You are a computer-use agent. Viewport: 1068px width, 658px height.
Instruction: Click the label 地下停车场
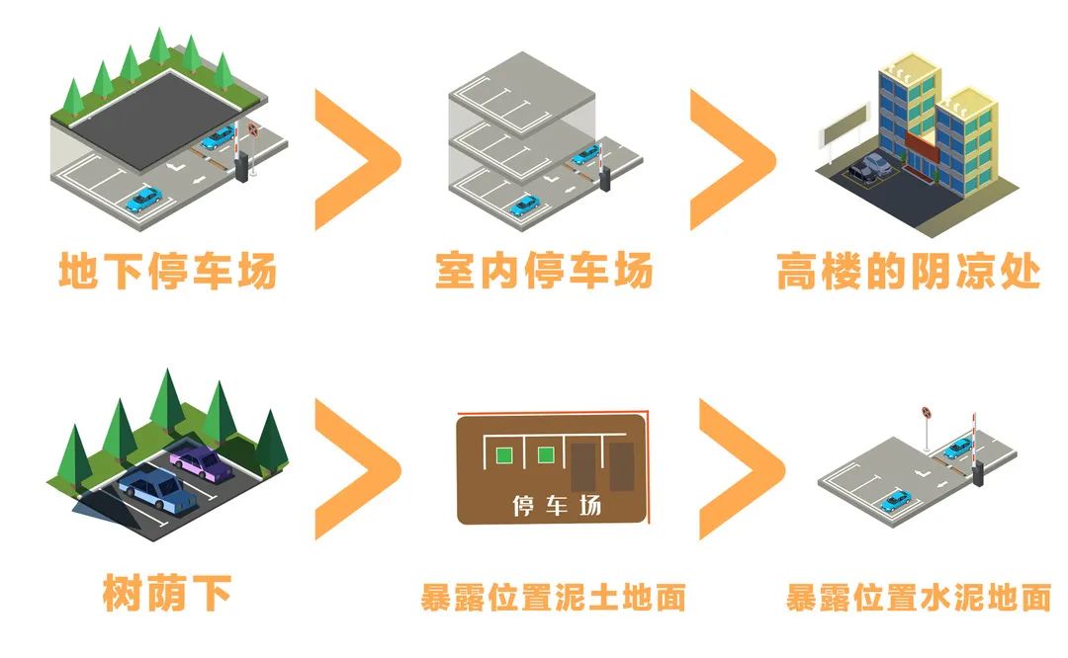point(167,271)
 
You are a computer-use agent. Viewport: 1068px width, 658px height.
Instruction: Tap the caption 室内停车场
point(544,271)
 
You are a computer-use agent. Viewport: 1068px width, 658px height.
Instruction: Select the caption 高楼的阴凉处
point(908,271)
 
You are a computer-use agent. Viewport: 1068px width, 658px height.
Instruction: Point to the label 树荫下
point(167,594)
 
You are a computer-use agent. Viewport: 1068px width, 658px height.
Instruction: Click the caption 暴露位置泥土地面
point(553,598)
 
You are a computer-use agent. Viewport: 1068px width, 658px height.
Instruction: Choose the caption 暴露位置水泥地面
point(918,598)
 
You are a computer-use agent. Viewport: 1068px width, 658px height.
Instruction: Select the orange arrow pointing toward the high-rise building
point(733,159)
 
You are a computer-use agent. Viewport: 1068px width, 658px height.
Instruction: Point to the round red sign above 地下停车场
point(253,127)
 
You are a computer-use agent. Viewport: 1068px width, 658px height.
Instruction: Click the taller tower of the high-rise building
point(908,109)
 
